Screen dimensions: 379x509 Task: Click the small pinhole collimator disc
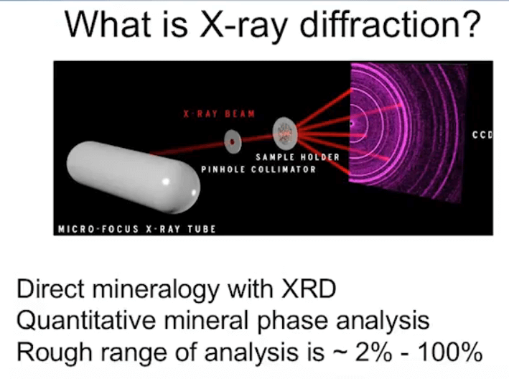(x=233, y=141)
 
